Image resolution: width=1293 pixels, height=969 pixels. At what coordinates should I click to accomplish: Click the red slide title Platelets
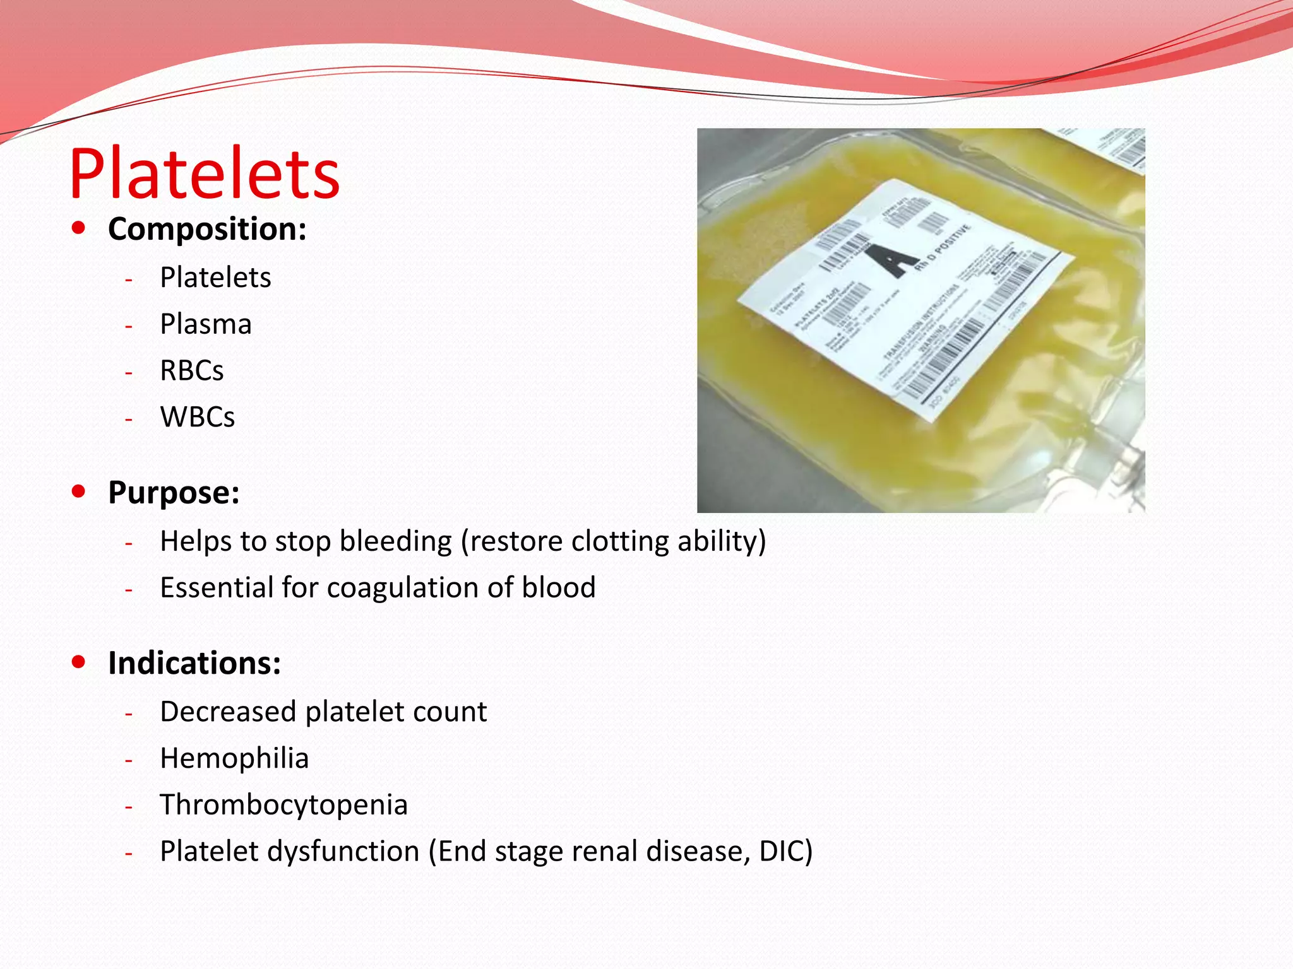pos(204,173)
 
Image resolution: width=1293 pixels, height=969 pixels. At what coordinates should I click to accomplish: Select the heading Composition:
pos(207,229)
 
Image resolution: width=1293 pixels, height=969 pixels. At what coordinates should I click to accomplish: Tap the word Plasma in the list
pos(206,324)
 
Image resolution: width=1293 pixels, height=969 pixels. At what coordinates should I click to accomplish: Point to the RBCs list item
pos(192,371)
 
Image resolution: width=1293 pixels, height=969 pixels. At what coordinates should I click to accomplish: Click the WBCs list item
pos(198,417)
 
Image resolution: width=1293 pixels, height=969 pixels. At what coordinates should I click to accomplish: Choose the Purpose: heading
pos(174,493)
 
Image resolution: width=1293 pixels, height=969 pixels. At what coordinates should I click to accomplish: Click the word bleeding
pos(396,541)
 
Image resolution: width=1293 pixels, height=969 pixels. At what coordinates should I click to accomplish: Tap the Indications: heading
pos(194,664)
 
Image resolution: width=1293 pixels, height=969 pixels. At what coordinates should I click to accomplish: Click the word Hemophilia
pos(234,758)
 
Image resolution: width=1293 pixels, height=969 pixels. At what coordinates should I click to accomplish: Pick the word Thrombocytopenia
pos(283,805)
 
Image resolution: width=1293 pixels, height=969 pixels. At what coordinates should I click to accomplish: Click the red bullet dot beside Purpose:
pos(79,491)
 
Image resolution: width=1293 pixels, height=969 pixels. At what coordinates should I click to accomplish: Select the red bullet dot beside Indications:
pos(79,662)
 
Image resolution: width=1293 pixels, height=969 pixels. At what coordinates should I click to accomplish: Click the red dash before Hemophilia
pos(129,760)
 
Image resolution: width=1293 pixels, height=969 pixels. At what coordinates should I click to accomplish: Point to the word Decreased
pos(228,712)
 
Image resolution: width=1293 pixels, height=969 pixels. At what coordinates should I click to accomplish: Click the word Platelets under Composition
pos(215,278)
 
